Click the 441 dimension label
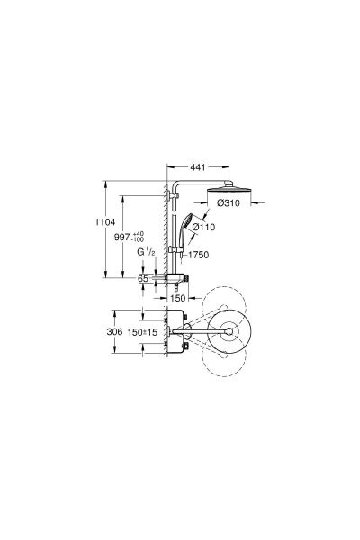coord(198,167)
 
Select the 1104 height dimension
coord(105,222)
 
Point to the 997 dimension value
coord(122,237)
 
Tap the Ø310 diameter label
coord(229,203)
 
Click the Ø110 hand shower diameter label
coord(203,227)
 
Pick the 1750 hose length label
coord(199,255)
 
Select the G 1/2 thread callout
coord(146,252)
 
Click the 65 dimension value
coord(143,278)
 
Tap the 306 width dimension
coord(114,331)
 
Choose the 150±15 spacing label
coord(142,332)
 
